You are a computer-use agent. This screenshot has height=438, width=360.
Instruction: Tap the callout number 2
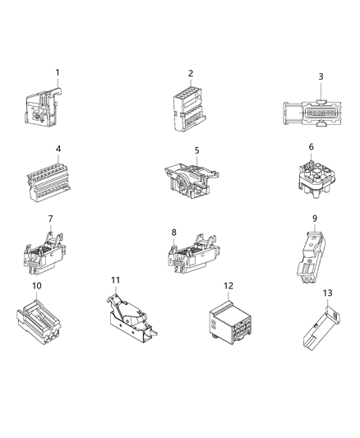(191, 73)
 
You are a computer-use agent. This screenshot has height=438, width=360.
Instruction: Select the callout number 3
(321, 76)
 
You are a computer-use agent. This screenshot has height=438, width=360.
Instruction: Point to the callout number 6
(311, 146)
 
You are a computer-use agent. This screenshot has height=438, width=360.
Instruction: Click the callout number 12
(227, 285)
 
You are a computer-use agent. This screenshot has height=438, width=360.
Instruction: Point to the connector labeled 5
(191, 179)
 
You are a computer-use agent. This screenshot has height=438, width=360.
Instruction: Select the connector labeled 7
(46, 250)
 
